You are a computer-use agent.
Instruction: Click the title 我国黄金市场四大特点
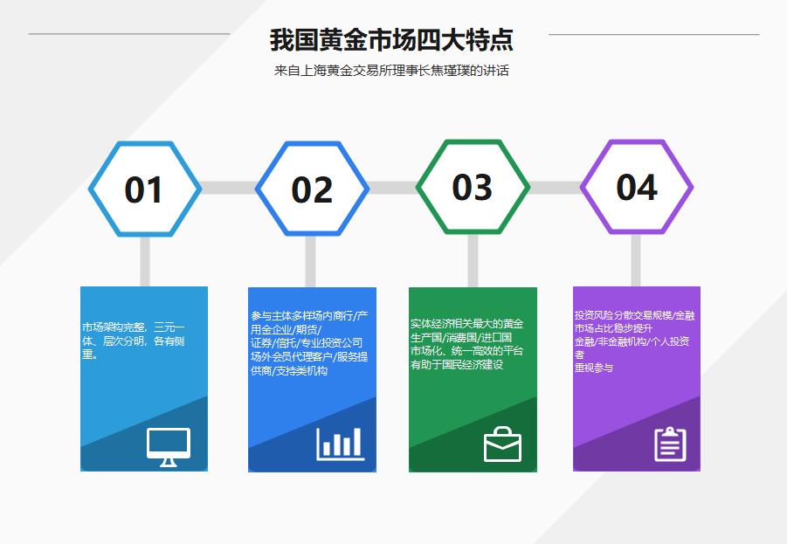click(x=390, y=40)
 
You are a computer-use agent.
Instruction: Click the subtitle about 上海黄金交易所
click(x=390, y=71)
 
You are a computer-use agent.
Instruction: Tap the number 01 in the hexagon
click(x=144, y=189)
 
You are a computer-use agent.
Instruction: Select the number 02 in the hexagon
click(x=312, y=189)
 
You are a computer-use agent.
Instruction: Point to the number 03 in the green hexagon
click(x=473, y=187)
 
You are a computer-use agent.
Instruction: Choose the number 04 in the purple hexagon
click(x=637, y=187)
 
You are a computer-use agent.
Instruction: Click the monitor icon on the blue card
click(x=169, y=446)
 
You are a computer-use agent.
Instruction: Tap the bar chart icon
click(x=340, y=444)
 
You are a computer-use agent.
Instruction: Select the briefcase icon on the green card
click(x=502, y=444)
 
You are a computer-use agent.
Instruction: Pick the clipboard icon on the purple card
click(x=670, y=444)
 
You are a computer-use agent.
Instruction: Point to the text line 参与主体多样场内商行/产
click(x=309, y=315)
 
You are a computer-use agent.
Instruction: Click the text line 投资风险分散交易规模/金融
click(x=635, y=315)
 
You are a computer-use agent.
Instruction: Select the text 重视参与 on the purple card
click(x=594, y=368)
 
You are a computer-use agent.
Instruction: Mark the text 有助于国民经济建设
click(x=457, y=365)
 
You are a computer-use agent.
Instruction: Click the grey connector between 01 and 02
click(x=228, y=188)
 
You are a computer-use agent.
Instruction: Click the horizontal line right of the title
click(x=653, y=34)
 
